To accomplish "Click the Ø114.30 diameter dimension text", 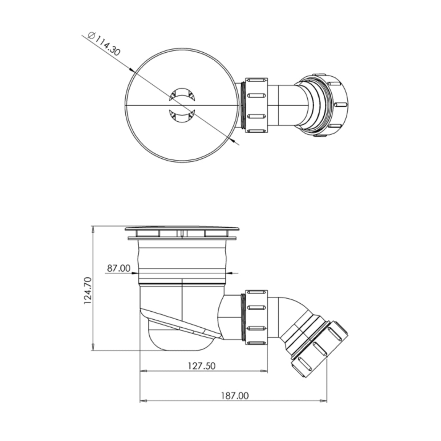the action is (104, 44).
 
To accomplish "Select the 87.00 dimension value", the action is (118, 268).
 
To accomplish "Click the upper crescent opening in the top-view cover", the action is (182, 94).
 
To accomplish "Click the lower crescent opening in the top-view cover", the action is (182, 117).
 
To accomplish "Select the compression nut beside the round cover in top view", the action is (256, 105).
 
